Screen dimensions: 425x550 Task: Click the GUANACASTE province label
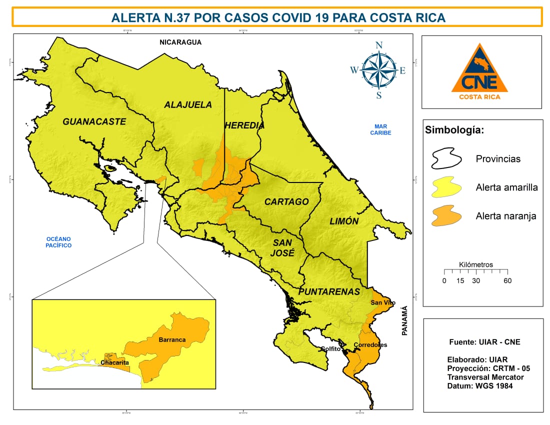(94, 121)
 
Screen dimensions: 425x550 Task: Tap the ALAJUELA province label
(188, 104)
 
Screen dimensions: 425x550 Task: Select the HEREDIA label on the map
(244, 125)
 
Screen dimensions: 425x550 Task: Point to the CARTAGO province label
(286, 201)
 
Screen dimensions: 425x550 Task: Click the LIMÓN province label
(344, 221)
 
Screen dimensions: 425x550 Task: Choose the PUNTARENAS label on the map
(329, 291)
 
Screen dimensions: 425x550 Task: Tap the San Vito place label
(382, 303)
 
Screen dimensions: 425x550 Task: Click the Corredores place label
(370, 345)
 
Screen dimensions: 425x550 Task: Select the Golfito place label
(330, 349)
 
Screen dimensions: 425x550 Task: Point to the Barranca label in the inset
(171, 339)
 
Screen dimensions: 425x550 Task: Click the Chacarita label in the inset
(114, 362)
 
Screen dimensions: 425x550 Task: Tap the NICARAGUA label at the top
(180, 42)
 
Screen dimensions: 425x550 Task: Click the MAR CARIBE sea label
(380, 129)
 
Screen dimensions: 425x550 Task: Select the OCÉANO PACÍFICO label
(58, 242)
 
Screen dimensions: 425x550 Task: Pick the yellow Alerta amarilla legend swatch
(446, 188)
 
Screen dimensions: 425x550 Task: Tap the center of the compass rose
(378, 70)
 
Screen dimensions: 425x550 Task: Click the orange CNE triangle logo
(479, 70)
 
